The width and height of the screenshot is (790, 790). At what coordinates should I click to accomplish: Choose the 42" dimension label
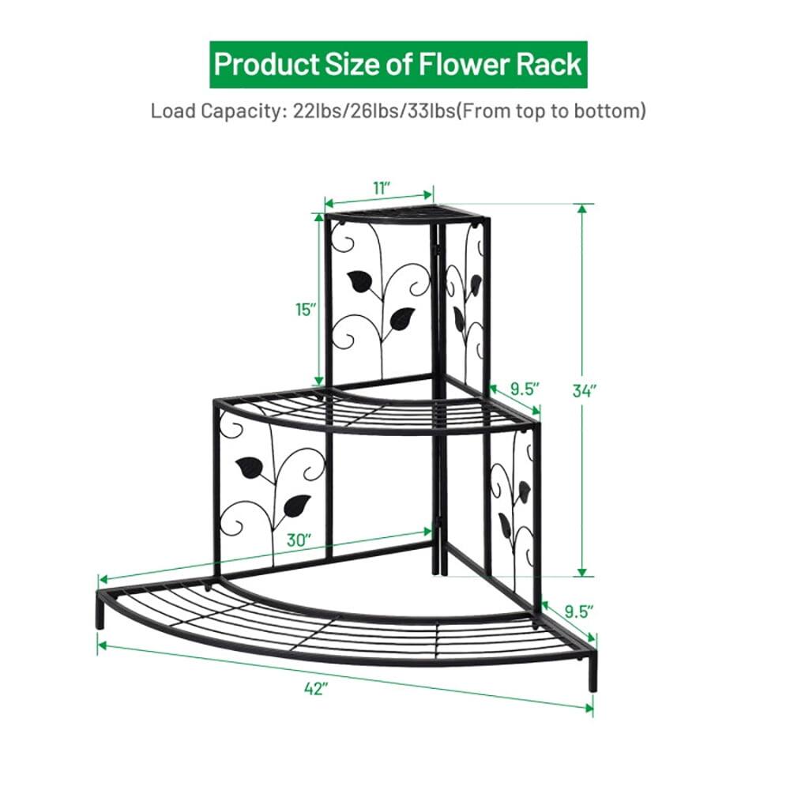316,688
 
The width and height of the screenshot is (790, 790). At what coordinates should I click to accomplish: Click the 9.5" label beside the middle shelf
524,388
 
